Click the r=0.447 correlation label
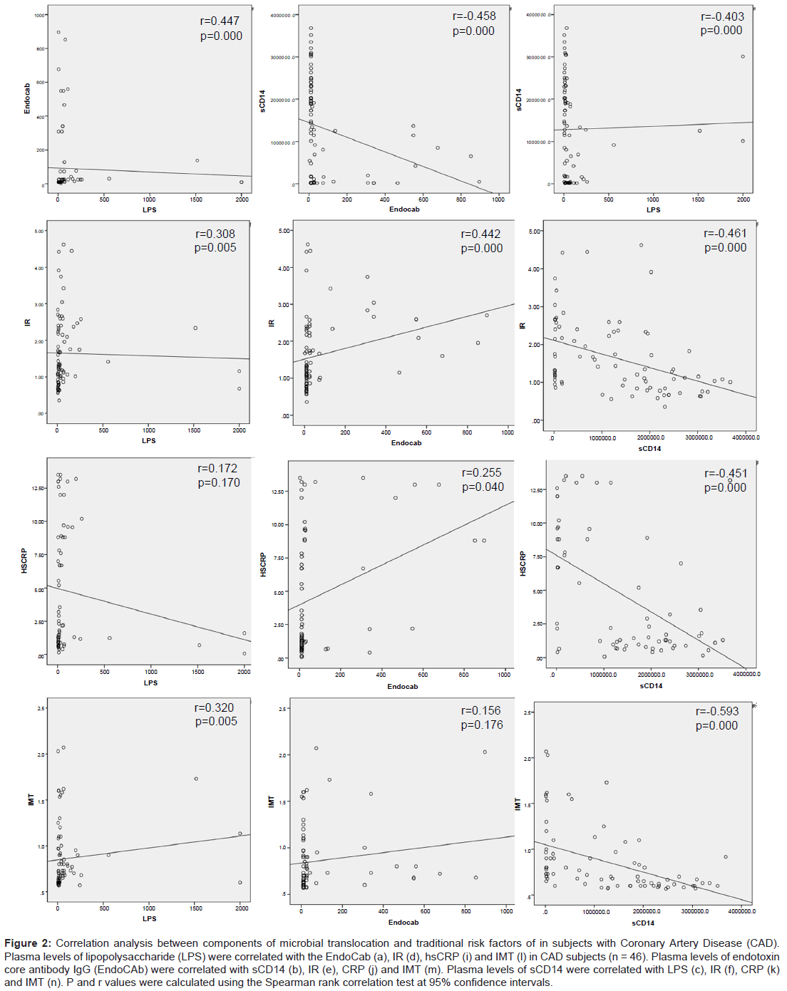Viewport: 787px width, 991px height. (x=220, y=21)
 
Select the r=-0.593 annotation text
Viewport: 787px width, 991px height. (x=716, y=712)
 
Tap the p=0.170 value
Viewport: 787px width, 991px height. (x=219, y=483)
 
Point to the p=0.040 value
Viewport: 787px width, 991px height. (x=483, y=487)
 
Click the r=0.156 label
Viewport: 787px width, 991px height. (x=480, y=711)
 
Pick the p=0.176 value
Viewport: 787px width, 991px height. (x=481, y=725)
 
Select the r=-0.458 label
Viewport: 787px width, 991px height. (x=474, y=16)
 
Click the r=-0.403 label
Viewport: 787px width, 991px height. (x=722, y=16)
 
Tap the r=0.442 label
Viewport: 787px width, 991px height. (x=480, y=234)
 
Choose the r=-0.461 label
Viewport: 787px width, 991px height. (x=725, y=234)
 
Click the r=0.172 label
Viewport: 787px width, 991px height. (x=217, y=469)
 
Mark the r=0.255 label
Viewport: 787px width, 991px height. (x=481, y=473)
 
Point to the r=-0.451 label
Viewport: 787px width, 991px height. (x=726, y=474)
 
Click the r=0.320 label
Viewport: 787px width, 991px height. (x=214, y=708)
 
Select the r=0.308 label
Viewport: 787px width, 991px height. (x=215, y=234)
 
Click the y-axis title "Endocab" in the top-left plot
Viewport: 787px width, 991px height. (x=27, y=98)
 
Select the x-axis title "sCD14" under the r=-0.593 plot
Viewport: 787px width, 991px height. (x=642, y=923)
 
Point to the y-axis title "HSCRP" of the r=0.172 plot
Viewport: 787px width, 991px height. (x=24, y=561)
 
